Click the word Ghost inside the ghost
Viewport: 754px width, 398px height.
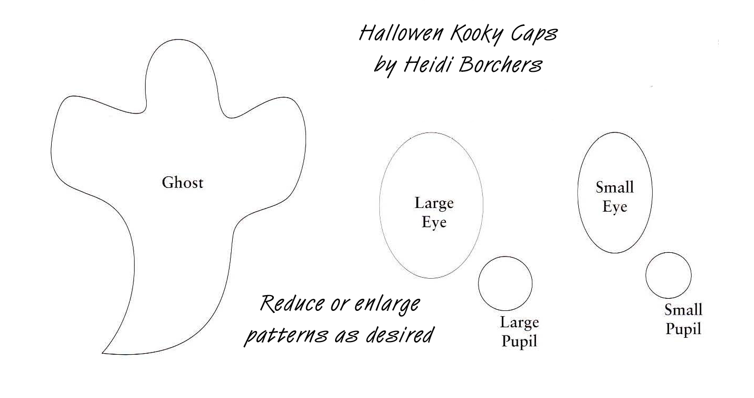(x=182, y=183)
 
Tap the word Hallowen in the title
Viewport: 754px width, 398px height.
(x=402, y=34)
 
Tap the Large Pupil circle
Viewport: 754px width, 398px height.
(x=505, y=283)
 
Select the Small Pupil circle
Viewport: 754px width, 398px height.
(x=668, y=275)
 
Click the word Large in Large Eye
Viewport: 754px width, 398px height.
(x=434, y=203)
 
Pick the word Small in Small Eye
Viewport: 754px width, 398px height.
(x=614, y=187)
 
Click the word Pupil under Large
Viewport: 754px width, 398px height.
(x=519, y=342)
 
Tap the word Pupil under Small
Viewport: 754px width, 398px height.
(x=683, y=329)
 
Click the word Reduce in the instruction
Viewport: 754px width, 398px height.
(x=292, y=304)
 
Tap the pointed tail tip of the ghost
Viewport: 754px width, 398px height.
(x=103, y=353)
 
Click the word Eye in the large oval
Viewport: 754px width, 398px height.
(x=434, y=222)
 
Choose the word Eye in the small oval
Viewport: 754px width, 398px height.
(x=614, y=206)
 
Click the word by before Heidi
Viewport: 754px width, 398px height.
(x=385, y=66)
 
